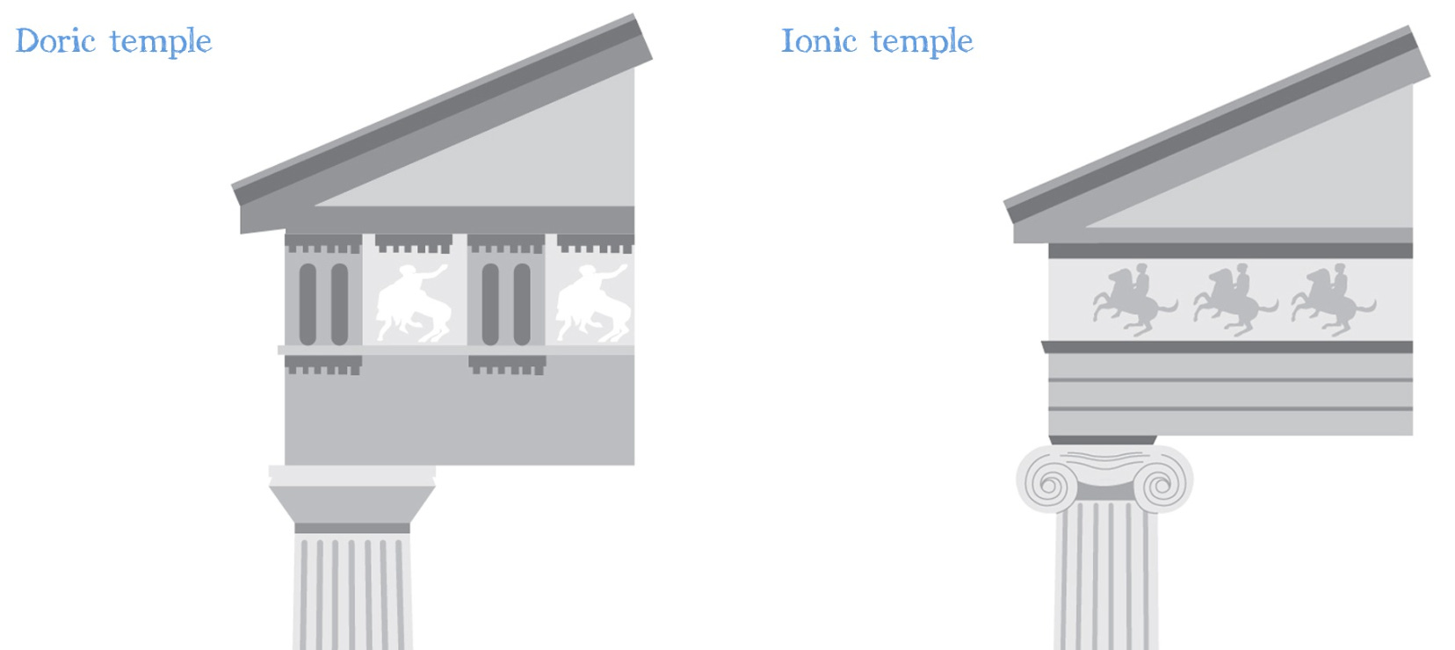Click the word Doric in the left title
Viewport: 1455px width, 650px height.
click(x=54, y=41)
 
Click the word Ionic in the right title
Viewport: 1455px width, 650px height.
click(x=818, y=41)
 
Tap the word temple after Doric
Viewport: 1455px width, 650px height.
click(x=161, y=42)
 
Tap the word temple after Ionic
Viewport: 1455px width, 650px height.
click(x=922, y=42)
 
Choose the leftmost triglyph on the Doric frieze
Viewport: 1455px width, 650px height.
click(x=323, y=299)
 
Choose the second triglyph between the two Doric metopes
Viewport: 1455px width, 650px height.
click(x=506, y=299)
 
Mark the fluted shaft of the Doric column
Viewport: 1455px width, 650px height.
click(x=351, y=593)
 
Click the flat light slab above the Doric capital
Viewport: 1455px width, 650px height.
click(x=351, y=475)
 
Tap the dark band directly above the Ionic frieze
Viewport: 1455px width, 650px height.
click(x=1230, y=251)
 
